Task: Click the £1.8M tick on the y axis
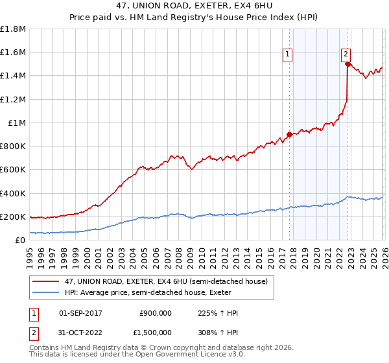tap(12, 29)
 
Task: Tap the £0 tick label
tap(20, 240)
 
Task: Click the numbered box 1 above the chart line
tap(287, 54)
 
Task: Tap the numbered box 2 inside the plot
tap(346, 54)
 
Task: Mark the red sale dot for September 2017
tap(289, 134)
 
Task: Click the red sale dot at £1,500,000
tap(348, 64)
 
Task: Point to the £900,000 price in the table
tap(156, 313)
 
